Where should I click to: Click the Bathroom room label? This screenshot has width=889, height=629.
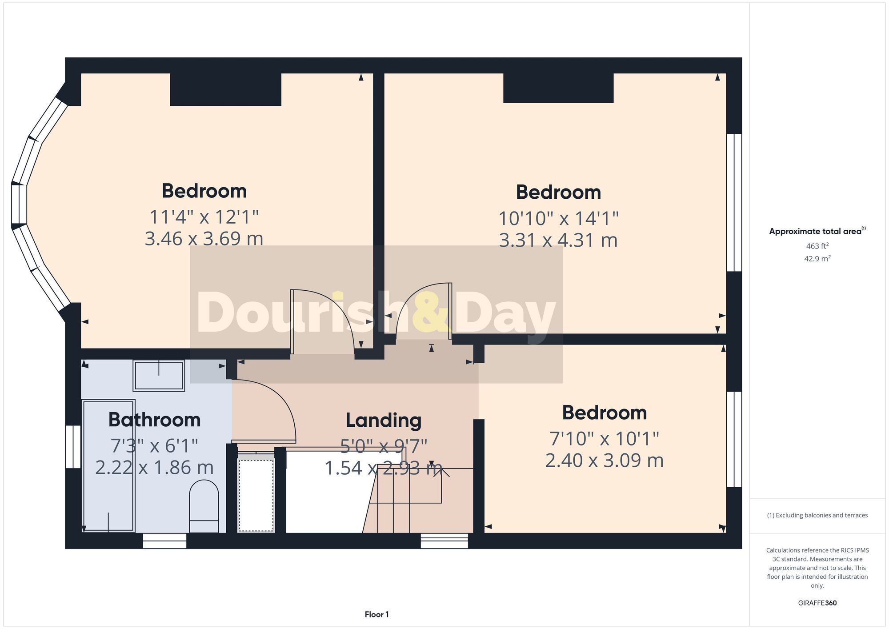click(x=154, y=420)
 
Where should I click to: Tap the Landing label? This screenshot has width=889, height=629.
click(x=384, y=421)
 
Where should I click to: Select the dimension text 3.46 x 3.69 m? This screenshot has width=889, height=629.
click(x=204, y=239)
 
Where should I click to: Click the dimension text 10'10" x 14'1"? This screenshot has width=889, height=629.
click(x=558, y=218)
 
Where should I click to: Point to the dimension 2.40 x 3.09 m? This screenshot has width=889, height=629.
click(x=604, y=461)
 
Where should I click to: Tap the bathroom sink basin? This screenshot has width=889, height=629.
click(x=159, y=376)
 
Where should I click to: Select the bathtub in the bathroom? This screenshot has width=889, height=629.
click(x=108, y=465)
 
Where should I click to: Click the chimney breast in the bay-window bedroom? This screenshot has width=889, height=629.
click(x=225, y=89)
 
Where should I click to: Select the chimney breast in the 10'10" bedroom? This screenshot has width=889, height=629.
click(x=558, y=88)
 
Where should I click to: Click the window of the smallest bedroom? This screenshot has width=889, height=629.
click(x=734, y=439)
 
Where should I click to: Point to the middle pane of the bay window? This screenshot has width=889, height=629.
click(x=19, y=204)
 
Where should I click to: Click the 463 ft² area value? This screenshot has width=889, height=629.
click(x=817, y=246)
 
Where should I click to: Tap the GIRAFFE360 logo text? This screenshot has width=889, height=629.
click(x=817, y=603)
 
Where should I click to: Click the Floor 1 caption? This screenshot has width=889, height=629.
click(x=376, y=614)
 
